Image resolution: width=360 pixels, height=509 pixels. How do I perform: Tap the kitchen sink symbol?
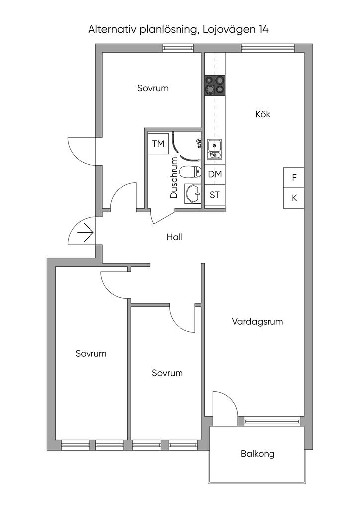[x=215, y=149]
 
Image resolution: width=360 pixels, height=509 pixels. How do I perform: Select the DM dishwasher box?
[x=215, y=174]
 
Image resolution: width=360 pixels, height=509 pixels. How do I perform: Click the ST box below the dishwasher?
[x=215, y=195]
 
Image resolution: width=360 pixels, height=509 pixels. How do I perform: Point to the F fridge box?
[x=294, y=177]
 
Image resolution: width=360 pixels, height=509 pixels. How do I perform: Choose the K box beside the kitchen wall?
[x=294, y=198]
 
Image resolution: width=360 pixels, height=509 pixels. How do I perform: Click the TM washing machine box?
[x=158, y=143]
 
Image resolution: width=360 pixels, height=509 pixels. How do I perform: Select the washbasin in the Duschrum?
[x=193, y=194]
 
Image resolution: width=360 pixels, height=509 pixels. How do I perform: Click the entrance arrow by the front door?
[x=86, y=233]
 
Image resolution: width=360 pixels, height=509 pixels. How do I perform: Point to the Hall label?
[x=175, y=237]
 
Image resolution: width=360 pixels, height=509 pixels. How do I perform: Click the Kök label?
[x=263, y=114]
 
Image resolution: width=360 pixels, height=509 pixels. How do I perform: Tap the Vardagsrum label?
[x=258, y=322]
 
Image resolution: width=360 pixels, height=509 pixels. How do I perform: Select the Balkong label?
[x=258, y=453]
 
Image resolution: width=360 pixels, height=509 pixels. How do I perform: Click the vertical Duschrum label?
[x=174, y=177]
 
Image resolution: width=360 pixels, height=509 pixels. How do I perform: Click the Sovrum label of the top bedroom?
[x=153, y=88]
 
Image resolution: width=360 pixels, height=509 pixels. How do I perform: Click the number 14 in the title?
[x=263, y=29]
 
